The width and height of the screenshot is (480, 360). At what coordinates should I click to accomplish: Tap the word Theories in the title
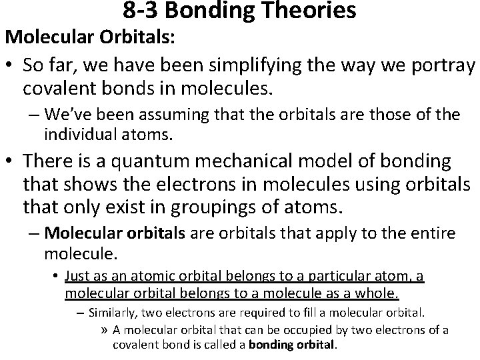coord(315,10)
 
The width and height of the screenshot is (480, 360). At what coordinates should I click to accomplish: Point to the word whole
coord(376,293)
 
